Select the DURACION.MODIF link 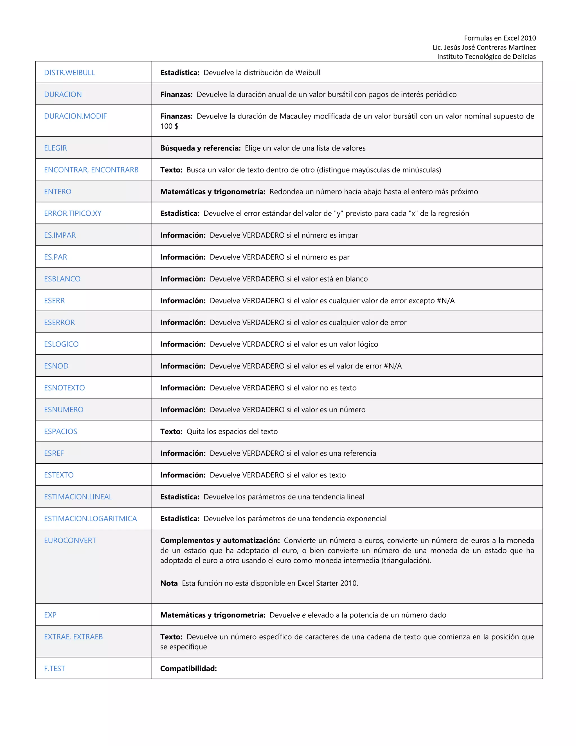coord(75,116)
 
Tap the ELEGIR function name coord(55,148)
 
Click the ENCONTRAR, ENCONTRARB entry coord(91,170)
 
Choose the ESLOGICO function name coord(61,344)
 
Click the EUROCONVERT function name coord(70,540)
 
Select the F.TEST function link coord(54,669)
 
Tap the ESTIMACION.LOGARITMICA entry coord(91,519)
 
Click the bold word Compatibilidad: coord(188,669)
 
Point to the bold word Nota coord(169,583)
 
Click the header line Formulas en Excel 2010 coord(499,38)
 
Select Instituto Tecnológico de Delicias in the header coord(486,57)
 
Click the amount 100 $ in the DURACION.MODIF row coord(169,126)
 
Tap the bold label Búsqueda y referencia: coord(200,148)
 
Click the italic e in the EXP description coord(303,615)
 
